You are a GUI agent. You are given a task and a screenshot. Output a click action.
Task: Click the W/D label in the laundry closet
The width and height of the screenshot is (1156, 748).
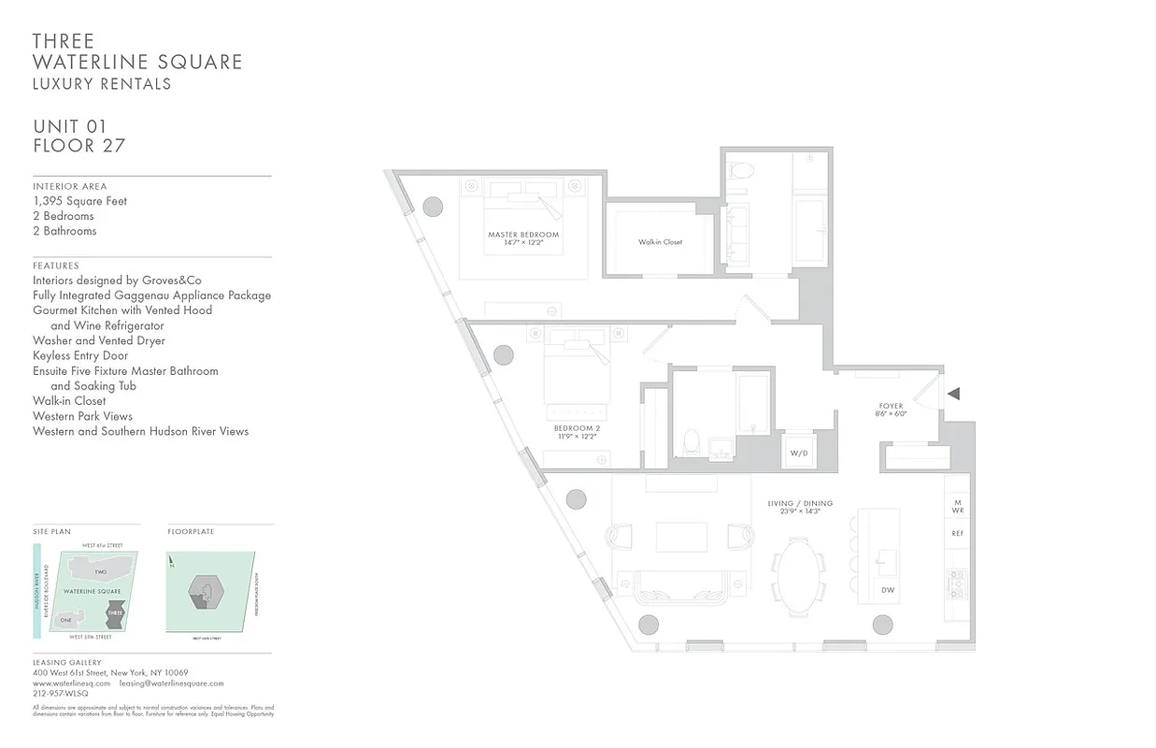[x=799, y=453]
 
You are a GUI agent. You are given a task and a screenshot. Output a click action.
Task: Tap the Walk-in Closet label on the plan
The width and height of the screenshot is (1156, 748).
[x=660, y=242]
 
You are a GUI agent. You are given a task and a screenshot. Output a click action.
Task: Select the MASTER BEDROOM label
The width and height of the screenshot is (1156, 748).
[x=523, y=235]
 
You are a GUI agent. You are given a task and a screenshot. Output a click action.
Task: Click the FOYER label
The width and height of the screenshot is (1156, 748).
[x=892, y=406]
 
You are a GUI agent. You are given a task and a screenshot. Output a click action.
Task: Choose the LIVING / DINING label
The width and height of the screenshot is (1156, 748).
[x=800, y=504]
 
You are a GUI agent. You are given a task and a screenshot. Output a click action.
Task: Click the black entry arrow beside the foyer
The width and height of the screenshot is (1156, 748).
[x=953, y=394]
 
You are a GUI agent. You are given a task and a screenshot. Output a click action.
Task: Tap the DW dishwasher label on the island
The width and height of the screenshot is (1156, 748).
[x=888, y=590]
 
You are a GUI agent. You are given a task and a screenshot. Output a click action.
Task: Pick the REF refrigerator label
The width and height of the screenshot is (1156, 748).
[x=957, y=533]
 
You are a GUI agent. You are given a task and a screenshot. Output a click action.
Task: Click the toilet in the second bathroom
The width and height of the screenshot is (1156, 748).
[x=692, y=441]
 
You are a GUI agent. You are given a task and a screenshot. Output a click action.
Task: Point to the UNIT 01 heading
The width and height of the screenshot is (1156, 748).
[x=70, y=126]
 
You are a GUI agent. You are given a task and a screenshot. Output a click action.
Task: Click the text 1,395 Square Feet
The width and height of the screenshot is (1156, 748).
[x=79, y=201]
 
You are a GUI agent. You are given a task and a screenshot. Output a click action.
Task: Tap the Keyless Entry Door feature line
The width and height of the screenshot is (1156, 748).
[x=80, y=356]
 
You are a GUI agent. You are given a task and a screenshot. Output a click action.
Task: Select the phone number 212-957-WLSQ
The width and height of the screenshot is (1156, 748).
[x=61, y=694]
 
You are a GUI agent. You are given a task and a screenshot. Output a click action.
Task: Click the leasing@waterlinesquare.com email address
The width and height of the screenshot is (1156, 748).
[x=172, y=683]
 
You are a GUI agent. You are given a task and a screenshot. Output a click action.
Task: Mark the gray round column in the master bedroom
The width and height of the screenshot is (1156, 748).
[x=433, y=207]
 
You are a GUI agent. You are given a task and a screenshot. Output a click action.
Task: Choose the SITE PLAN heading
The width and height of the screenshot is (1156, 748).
[x=51, y=532]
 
